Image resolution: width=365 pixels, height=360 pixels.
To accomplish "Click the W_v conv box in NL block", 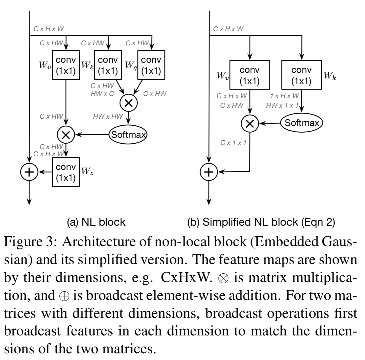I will (66, 65).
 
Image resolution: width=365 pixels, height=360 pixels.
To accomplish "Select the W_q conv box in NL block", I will (151, 65).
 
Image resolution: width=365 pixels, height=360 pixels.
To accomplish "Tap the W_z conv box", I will (66, 172).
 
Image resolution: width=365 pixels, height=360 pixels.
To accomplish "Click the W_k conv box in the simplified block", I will (301, 75).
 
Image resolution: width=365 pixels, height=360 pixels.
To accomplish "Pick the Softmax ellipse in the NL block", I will (128, 134).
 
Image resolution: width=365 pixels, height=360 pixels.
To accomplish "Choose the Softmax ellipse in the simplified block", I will (302, 123).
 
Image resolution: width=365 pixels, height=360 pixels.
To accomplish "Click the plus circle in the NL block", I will (29, 172).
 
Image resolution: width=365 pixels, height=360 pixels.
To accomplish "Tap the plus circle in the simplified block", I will (209, 172).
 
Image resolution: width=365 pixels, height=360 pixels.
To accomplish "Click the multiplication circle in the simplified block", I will (250, 124).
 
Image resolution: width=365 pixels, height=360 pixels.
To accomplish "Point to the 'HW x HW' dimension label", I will (108, 116).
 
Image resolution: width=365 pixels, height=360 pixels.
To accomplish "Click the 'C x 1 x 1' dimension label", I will (233, 142).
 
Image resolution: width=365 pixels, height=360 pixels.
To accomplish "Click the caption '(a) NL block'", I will (96, 222).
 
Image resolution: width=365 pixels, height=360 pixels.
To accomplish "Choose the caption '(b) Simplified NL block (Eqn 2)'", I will (261, 222).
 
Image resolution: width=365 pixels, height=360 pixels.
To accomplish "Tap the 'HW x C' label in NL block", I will (102, 94).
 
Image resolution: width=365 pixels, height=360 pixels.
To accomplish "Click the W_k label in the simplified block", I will (330, 76).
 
